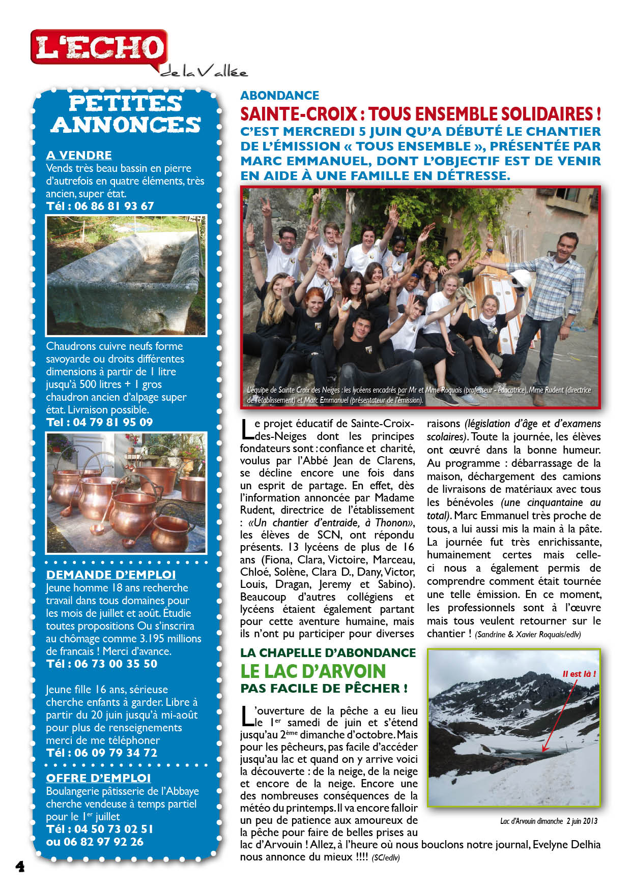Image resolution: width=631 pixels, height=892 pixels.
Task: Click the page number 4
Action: click(20, 867)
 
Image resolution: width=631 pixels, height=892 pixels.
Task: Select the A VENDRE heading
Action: click(79, 155)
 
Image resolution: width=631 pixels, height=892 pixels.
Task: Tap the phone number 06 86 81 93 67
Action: click(113, 206)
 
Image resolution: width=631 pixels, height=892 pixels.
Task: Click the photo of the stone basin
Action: click(126, 275)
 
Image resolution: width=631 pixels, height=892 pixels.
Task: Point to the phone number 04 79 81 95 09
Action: click(113, 422)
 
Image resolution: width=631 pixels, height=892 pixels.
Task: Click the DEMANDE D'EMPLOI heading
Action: click(110, 575)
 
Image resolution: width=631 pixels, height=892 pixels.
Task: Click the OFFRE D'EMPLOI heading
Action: click(98, 778)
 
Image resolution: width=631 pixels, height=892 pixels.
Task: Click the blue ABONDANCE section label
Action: click(279, 96)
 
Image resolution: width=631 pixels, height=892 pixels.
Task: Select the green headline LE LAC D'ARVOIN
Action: click(313, 671)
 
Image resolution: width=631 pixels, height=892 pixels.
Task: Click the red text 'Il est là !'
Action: click(579, 674)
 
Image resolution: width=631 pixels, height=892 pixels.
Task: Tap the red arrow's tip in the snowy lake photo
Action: click(543, 751)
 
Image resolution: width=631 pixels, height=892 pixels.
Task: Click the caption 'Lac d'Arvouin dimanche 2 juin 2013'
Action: click(549, 821)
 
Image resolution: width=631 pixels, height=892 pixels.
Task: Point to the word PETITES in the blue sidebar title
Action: click(125, 103)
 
